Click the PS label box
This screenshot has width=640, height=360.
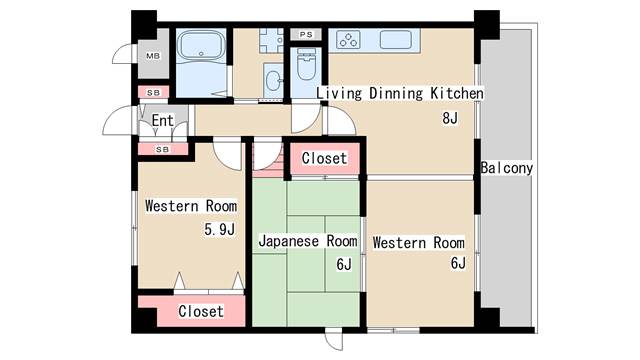tap(306, 35)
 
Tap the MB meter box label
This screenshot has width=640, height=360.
tap(153, 56)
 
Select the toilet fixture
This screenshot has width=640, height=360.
tap(307, 64)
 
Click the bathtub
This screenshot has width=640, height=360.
tap(202, 45)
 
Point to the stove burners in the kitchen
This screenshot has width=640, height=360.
tap(348, 40)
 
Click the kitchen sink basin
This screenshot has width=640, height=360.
tap(396, 40)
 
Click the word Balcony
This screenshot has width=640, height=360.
tap(507, 168)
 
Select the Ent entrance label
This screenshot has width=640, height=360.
tap(162, 120)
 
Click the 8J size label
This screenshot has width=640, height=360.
tap(450, 118)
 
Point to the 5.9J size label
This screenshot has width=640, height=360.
tap(220, 229)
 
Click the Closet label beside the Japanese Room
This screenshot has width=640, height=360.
tap(324, 158)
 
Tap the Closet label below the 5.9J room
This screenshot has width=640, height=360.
tap(201, 311)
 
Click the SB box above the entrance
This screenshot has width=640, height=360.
tap(153, 93)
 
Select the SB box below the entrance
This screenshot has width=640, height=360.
tap(162, 149)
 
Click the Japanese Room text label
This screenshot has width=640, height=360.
tap(308, 241)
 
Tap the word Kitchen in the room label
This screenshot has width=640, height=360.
tap(457, 93)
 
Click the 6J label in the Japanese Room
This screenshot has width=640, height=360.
tap(344, 264)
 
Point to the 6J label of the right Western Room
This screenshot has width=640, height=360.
tap(458, 263)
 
